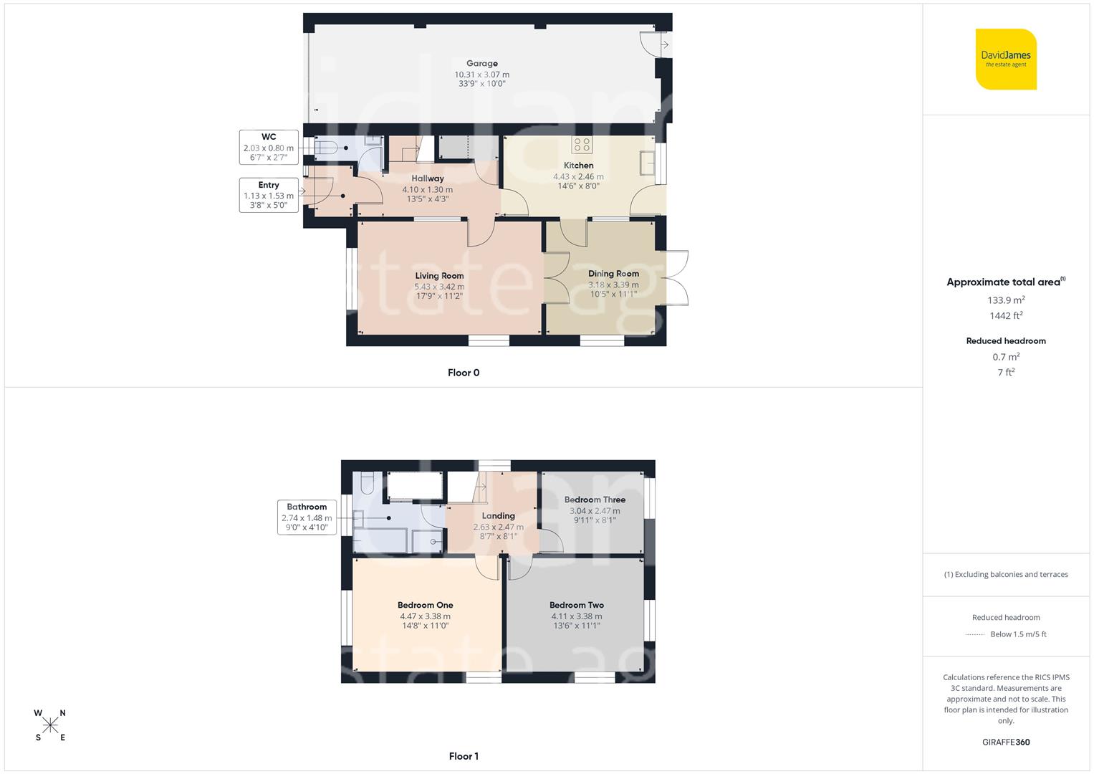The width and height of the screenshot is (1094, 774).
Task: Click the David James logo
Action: point(1006,59)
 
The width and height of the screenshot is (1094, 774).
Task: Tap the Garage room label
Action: point(481,64)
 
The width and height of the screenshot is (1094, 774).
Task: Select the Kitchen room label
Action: point(578,166)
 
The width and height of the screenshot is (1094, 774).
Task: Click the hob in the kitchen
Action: point(582,145)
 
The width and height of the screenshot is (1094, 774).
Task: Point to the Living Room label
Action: point(439,276)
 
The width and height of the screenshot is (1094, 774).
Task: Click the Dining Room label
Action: point(613,274)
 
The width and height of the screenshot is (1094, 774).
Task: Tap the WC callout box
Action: point(269,147)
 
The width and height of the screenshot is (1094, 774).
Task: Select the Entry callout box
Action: point(269,195)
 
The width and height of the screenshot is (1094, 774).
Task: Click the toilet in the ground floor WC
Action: point(326,148)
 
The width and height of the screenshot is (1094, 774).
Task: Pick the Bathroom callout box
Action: point(307,517)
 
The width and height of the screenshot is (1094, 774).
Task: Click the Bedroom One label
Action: point(425,606)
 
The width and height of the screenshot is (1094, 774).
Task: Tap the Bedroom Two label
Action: point(577,606)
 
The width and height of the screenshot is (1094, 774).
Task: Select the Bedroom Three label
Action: point(595,500)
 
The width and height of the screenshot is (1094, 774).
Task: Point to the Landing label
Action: point(498,516)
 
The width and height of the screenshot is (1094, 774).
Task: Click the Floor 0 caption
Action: point(464,373)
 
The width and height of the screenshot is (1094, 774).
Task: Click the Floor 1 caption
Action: point(464,756)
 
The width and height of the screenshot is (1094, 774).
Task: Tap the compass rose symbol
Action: point(50,725)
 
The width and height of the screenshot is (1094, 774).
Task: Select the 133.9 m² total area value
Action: point(1006,300)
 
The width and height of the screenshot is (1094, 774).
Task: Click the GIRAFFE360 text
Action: point(1006,742)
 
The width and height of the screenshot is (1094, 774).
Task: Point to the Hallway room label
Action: point(428,178)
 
